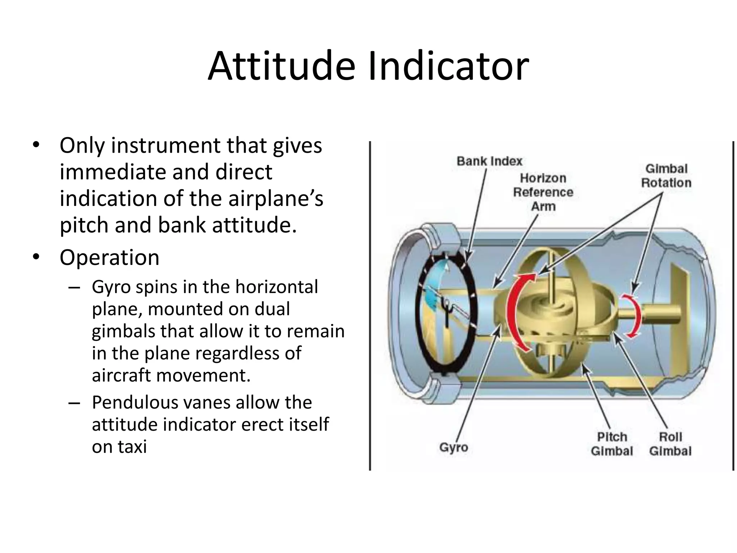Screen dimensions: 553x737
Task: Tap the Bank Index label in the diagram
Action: (x=489, y=161)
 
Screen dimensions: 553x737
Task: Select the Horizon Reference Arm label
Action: (x=543, y=192)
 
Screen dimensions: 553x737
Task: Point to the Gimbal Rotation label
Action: (x=666, y=176)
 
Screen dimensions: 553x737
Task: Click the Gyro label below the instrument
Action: (x=453, y=448)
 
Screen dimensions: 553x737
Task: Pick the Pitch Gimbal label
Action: (x=611, y=444)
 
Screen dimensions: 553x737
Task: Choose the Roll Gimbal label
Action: (x=670, y=444)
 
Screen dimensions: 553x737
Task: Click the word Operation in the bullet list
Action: (x=109, y=258)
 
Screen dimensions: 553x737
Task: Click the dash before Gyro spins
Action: (x=74, y=287)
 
